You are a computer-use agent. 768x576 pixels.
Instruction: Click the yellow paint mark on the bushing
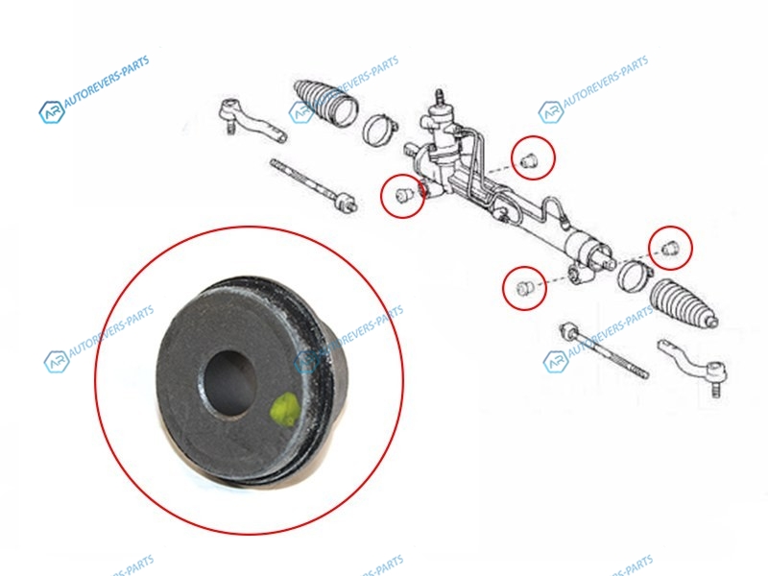[x=284, y=409]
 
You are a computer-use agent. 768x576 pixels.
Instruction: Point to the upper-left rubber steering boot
[x=326, y=104]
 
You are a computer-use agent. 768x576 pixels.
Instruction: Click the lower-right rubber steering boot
[x=684, y=304]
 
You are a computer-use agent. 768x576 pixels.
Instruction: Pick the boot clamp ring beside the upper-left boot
[x=379, y=130]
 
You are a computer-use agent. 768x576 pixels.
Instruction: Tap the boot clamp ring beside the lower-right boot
[x=634, y=276]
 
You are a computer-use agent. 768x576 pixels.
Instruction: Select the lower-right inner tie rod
[x=605, y=349]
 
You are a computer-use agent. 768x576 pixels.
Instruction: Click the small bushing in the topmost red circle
[x=529, y=159]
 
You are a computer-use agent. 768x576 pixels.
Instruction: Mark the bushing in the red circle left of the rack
[x=403, y=195]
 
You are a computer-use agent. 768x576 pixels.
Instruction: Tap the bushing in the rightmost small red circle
[x=670, y=248]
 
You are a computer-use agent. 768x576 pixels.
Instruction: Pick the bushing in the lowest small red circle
[x=524, y=288]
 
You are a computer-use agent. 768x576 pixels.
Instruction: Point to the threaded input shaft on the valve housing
[x=440, y=98]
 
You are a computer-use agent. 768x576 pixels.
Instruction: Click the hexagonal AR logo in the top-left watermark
[x=52, y=112]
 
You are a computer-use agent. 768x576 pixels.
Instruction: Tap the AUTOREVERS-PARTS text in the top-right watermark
[x=606, y=81]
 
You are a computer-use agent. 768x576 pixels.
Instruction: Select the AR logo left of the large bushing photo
[x=56, y=362]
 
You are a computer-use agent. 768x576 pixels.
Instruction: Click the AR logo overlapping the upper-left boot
[x=300, y=112]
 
